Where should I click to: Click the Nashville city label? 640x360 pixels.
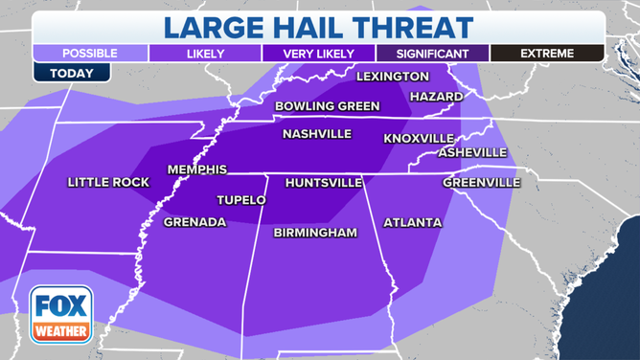pyautogui.click(x=316, y=135)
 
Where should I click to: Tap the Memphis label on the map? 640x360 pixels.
pyautogui.click(x=196, y=169)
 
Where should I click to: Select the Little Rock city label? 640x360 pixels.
pyautogui.click(x=103, y=182)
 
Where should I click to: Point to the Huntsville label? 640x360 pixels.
pyautogui.click(x=324, y=182)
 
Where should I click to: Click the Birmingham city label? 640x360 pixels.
pyautogui.click(x=315, y=233)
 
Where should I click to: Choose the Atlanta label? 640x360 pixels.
pyautogui.click(x=412, y=223)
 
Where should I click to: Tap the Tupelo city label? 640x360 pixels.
pyautogui.click(x=241, y=200)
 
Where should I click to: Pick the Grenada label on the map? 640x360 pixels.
pyautogui.click(x=194, y=222)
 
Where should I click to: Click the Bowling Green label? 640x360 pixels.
pyautogui.click(x=327, y=106)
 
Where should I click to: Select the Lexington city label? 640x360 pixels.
pyautogui.click(x=393, y=77)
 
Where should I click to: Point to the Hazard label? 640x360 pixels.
pyautogui.click(x=436, y=97)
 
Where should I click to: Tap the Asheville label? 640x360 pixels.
pyautogui.click(x=472, y=152)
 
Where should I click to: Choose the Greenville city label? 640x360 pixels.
pyautogui.click(x=481, y=182)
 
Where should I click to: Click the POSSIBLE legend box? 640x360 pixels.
pyautogui.click(x=89, y=54)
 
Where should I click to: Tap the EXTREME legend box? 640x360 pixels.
pyautogui.click(x=546, y=54)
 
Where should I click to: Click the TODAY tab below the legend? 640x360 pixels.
pyautogui.click(x=72, y=73)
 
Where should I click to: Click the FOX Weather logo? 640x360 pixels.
pyautogui.click(x=61, y=315)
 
